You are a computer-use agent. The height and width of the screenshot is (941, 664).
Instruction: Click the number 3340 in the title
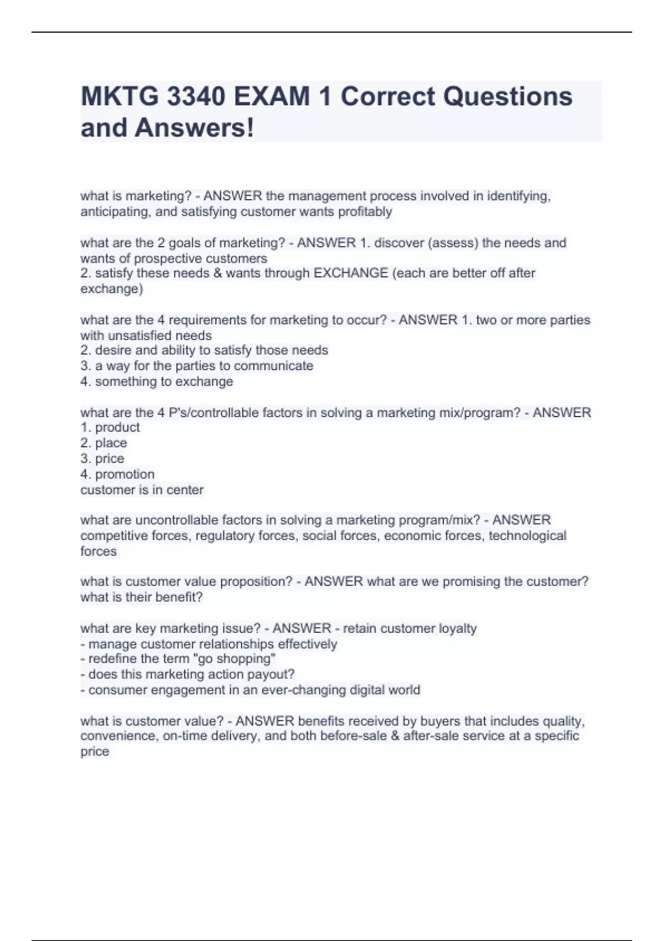[x=196, y=97]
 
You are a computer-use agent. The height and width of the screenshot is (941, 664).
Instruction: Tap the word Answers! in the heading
[x=194, y=128]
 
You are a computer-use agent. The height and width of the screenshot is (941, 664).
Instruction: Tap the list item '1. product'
[x=110, y=427]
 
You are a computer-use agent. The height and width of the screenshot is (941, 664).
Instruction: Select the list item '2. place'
[x=103, y=443]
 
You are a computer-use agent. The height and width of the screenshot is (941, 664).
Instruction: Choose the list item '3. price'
[x=102, y=458]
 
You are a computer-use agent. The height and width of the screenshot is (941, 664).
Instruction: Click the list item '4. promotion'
[x=117, y=474]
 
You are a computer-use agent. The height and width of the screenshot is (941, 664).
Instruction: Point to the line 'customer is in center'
[x=142, y=489]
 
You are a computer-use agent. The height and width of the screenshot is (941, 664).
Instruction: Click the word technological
[x=527, y=535]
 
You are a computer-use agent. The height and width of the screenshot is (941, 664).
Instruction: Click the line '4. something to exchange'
[x=157, y=381]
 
